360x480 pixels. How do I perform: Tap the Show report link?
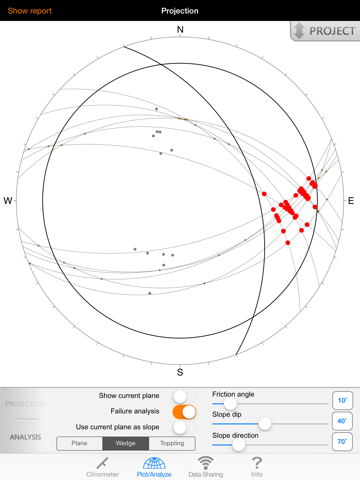click(30, 11)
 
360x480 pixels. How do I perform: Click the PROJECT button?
click(325, 31)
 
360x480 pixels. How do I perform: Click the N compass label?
click(180, 30)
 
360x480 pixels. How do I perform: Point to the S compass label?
click(180, 372)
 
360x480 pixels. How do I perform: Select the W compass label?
click(8, 201)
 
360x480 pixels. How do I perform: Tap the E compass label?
click(351, 201)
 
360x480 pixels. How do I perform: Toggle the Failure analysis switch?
click(184, 412)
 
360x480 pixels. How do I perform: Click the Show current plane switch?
click(184, 396)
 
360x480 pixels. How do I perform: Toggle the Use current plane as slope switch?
click(184, 427)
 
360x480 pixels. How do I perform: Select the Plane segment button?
click(79, 443)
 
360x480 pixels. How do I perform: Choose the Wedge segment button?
click(126, 443)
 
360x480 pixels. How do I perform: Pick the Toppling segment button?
click(172, 443)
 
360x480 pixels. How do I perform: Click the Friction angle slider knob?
click(230, 404)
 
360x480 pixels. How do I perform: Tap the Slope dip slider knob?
click(265, 424)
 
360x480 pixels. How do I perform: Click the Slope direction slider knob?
click(238, 445)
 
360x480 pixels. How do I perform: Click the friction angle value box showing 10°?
click(342, 400)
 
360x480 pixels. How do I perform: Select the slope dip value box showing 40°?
click(342, 421)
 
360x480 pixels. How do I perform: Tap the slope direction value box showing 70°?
click(342, 442)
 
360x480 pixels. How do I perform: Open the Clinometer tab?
click(102, 467)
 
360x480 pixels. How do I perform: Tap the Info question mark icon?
click(257, 462)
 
